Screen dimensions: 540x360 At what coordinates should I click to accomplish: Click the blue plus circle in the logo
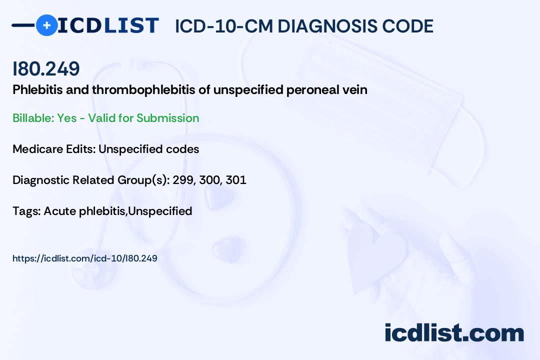coord(46,25)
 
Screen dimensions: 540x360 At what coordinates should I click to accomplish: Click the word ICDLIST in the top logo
coord(108,25)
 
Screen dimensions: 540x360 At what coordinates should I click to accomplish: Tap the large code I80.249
coord(46,68)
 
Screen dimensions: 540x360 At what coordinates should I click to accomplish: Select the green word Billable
coord(33,118)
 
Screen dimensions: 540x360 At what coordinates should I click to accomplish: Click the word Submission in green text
coord(167,118)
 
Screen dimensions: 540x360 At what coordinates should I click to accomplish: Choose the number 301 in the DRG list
coord(236,180)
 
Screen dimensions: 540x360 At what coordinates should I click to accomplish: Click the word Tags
coord(26,211)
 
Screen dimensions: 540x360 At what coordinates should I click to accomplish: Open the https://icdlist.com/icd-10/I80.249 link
coord(84,258)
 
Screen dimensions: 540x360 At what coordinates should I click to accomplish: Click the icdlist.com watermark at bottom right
coord(454,332)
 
